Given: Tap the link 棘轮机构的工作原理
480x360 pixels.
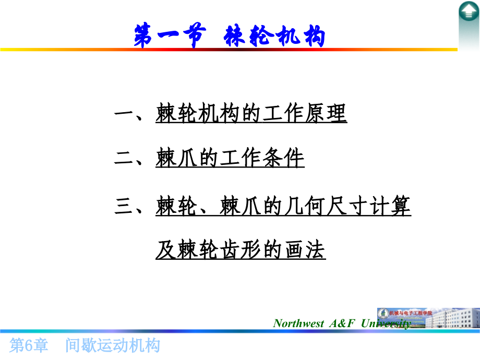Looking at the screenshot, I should (251, 113).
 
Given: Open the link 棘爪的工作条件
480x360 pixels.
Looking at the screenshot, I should (230, 159).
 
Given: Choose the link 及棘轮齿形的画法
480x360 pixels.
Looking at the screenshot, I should (241, 250).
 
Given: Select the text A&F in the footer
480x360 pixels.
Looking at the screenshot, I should (342, 323).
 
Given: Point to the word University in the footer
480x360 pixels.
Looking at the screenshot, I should (386, 323).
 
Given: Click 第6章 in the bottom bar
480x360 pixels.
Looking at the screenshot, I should (30, 345).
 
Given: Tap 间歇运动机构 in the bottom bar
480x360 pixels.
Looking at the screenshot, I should (113, 345).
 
